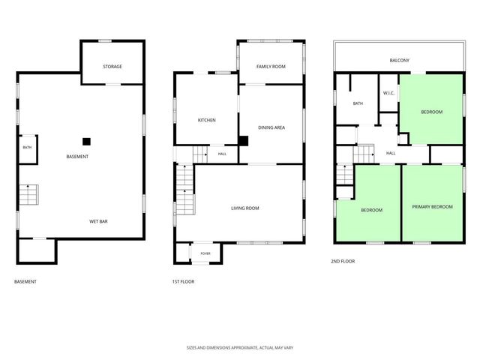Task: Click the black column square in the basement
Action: pos(87,142)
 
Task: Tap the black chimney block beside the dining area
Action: pos(243,141)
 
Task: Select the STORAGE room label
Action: pos(112,67)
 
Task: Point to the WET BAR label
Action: pos(98,221)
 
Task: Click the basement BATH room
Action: pos(28,149)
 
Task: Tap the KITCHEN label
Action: pos(207,120)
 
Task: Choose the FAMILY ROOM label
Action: pos(271,67)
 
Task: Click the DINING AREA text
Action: pos(271,127)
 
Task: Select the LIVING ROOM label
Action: pos(245,208)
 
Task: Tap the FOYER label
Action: pos(205,253)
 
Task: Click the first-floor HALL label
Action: pos(222,154)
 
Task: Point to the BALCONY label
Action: pos(399,60)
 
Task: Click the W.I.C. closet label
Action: pos(388,93)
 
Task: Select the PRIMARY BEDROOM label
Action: pos(432,207)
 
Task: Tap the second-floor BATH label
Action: pos(358,103)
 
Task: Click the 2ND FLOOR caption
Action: pos(343,261)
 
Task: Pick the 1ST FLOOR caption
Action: pos(183,282)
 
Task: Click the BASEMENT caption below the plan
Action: pos(25,282)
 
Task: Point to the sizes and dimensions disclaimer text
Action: pos(240,348)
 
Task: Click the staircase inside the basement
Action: pos(29,195)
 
